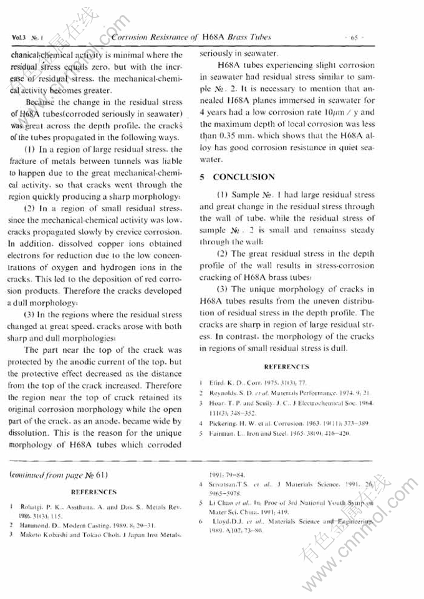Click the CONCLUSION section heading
coord(243,177)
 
